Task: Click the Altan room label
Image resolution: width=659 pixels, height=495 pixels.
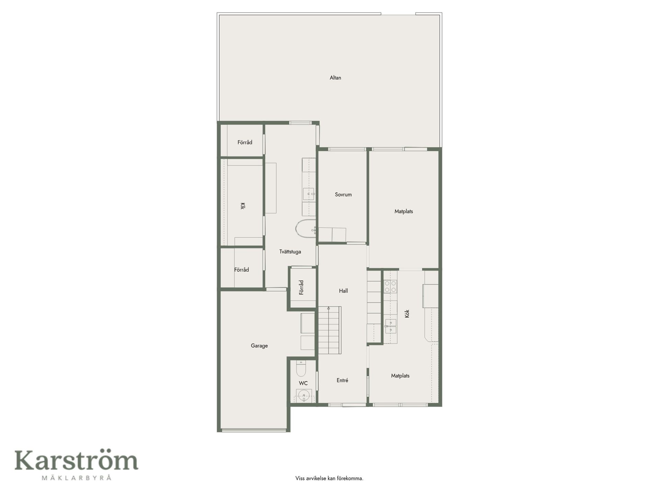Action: click(x=335, y=78)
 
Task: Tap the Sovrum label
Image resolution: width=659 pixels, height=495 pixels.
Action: click(x=343, y=195)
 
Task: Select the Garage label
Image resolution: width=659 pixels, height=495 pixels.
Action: click(x=259, y=346)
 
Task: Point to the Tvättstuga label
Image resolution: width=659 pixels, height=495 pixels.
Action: click(x=290, y=252)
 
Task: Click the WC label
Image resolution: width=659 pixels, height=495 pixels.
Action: click(x=303, y=383)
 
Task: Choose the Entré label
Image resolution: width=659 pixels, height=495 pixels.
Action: click(x=343, y=380)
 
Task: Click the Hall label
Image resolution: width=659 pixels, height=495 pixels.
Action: click(x=343, y=291)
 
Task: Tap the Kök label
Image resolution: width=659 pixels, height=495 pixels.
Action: click(x=407, y=313)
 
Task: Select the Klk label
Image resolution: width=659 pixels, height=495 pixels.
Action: click(x=243, y=206)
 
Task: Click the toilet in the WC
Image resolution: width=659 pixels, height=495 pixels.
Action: click(x=301, y=368)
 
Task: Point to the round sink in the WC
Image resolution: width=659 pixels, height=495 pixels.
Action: click(x=304, y=396)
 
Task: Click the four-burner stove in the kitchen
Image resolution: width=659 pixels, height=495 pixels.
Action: click(x=390, y=287)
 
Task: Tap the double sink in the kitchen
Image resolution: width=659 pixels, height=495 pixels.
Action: click(x=391, y=326)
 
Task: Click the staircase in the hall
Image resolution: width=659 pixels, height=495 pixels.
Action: click(x=329, y=330)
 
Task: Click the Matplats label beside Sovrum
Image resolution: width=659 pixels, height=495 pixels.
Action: click(x=404, y=211)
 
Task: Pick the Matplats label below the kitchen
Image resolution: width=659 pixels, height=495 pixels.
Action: click(x=400, y=376)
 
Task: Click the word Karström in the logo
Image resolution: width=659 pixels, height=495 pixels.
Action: click(x=76, y=461)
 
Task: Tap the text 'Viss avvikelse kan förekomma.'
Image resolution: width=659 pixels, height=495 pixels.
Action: click(x=329, y=478)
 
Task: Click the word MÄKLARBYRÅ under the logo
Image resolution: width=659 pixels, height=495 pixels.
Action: click(x=76, y=477)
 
